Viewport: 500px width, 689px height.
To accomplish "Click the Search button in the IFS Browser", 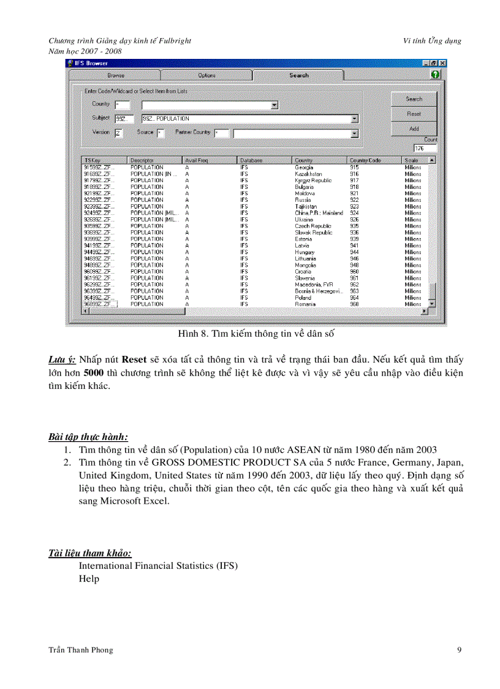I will click(x=414, y=99).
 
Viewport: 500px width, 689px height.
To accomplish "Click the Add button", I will click(x=414, y=129).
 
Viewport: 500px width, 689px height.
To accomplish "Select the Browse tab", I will click(x=115, y=75).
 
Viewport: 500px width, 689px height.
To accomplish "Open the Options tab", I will click(x=206, y=75).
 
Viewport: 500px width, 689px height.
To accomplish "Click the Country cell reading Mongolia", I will click(x=305, y=265).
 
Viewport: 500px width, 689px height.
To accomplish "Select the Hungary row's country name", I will click(x=305, y=252).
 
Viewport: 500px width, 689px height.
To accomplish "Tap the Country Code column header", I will click(x=365, y=160).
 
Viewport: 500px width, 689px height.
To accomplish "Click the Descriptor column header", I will click(x=142, y=160).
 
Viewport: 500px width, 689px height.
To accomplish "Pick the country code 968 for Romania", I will click(x=354, y=304).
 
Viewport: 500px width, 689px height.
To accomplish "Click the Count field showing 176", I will click(x=425, y=148).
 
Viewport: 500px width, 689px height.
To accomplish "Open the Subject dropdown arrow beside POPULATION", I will click(x=355, y=119).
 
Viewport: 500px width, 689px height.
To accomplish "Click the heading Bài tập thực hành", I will click(x=88, y=437).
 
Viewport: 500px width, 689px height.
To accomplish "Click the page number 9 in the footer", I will click(x=459, y=650).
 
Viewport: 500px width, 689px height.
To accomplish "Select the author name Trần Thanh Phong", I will click(x=80, y=650).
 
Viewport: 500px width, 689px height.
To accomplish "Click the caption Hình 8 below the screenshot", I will click(x=256, y=334).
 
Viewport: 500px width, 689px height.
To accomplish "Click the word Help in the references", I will click(x=89, y=579).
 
